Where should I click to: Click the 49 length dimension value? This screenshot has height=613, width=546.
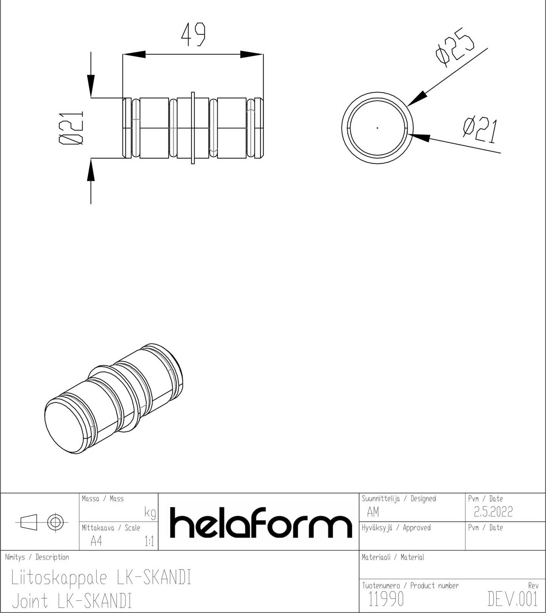[193, 35]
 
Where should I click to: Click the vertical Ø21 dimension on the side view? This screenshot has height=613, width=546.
[71, 128]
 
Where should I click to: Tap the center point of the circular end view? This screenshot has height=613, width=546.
[377, 128]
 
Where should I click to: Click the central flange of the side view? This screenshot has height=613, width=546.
[193, 128]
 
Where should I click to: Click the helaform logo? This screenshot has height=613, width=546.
[260, 522]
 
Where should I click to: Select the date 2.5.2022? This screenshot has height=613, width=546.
[493, 512]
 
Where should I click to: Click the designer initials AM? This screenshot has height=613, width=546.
[373, 512]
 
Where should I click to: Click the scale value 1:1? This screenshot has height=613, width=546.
[149, 542]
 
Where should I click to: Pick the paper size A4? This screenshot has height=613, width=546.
[96, 542]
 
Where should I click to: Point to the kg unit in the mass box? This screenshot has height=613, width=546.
[150, 513]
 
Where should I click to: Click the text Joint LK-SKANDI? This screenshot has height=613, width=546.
[72, 601]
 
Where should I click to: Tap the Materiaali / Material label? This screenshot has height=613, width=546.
[393, 557]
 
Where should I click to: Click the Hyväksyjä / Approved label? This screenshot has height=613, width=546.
[396, 528]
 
